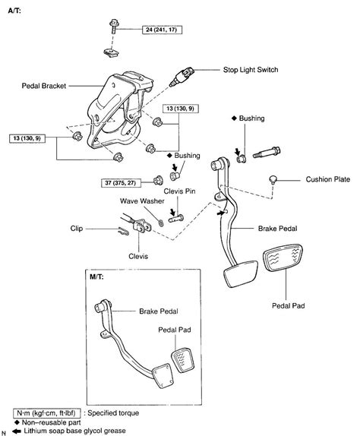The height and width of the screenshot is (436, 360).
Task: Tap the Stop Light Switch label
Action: [x=251, y=70]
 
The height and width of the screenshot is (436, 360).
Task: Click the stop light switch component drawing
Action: [x=182, y=76]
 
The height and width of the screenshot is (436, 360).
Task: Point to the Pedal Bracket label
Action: [x=44, y=86]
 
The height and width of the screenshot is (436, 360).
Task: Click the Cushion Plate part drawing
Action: [x=273, y=179]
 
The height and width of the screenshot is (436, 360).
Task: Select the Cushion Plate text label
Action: [x=328, y=179]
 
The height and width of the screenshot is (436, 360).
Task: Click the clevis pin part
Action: [x=176, y=218]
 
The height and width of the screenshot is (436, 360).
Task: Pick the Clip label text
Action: [x=77, y=229]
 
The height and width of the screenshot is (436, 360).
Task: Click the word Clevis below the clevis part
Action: [x=138, y=256]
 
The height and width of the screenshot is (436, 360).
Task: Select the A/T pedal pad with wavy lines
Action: [x=283, y=257]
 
